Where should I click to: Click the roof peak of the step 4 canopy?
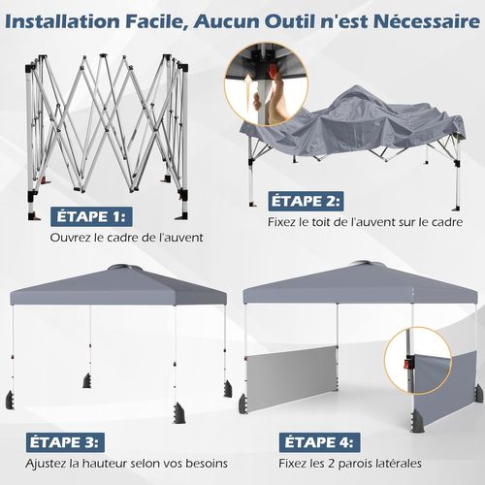363,265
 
